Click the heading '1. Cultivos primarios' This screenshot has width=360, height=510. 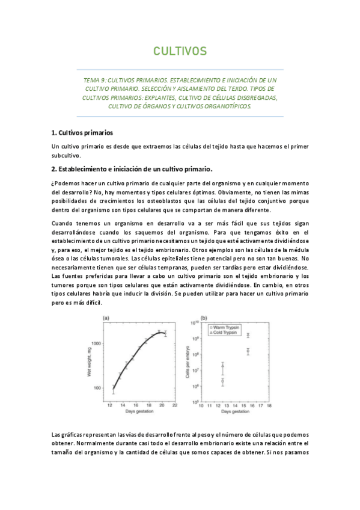[x=82, y=132]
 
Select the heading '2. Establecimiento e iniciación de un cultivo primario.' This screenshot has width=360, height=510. [x=132, y=169]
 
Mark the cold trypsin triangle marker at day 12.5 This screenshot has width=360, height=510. [x=223, y=365]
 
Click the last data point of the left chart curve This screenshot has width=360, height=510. [x=165, y=333]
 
